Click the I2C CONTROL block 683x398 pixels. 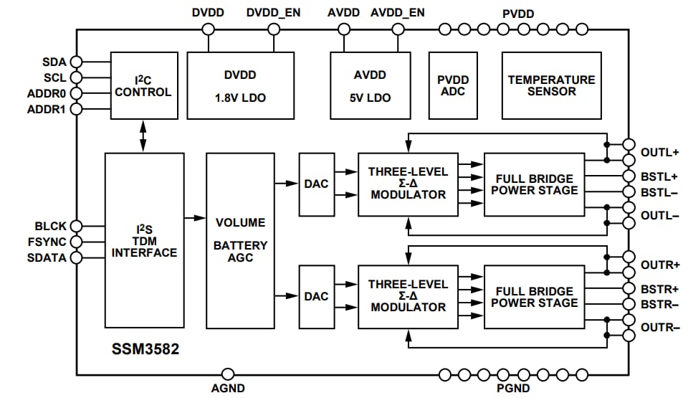(143, 85)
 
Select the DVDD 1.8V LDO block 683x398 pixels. (240, 85)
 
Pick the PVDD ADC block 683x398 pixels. (453, 85)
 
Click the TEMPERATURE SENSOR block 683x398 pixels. (551, 85)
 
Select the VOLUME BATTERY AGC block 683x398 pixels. (240, 240)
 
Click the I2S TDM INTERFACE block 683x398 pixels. (143, 240)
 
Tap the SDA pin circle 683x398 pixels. (76, 62)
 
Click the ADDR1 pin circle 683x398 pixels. (76, 108)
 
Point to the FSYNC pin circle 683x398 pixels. (76, 242)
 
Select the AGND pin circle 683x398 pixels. (228, 374)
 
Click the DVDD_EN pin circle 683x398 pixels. (274, 29)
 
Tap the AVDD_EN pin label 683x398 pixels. (397, 13)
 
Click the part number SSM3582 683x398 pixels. (145, 351)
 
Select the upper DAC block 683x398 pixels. (316, 184)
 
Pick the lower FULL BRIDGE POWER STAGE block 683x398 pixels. (534, 297)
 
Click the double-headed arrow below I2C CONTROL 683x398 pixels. (143, 136)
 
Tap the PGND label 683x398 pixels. (513, 389)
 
